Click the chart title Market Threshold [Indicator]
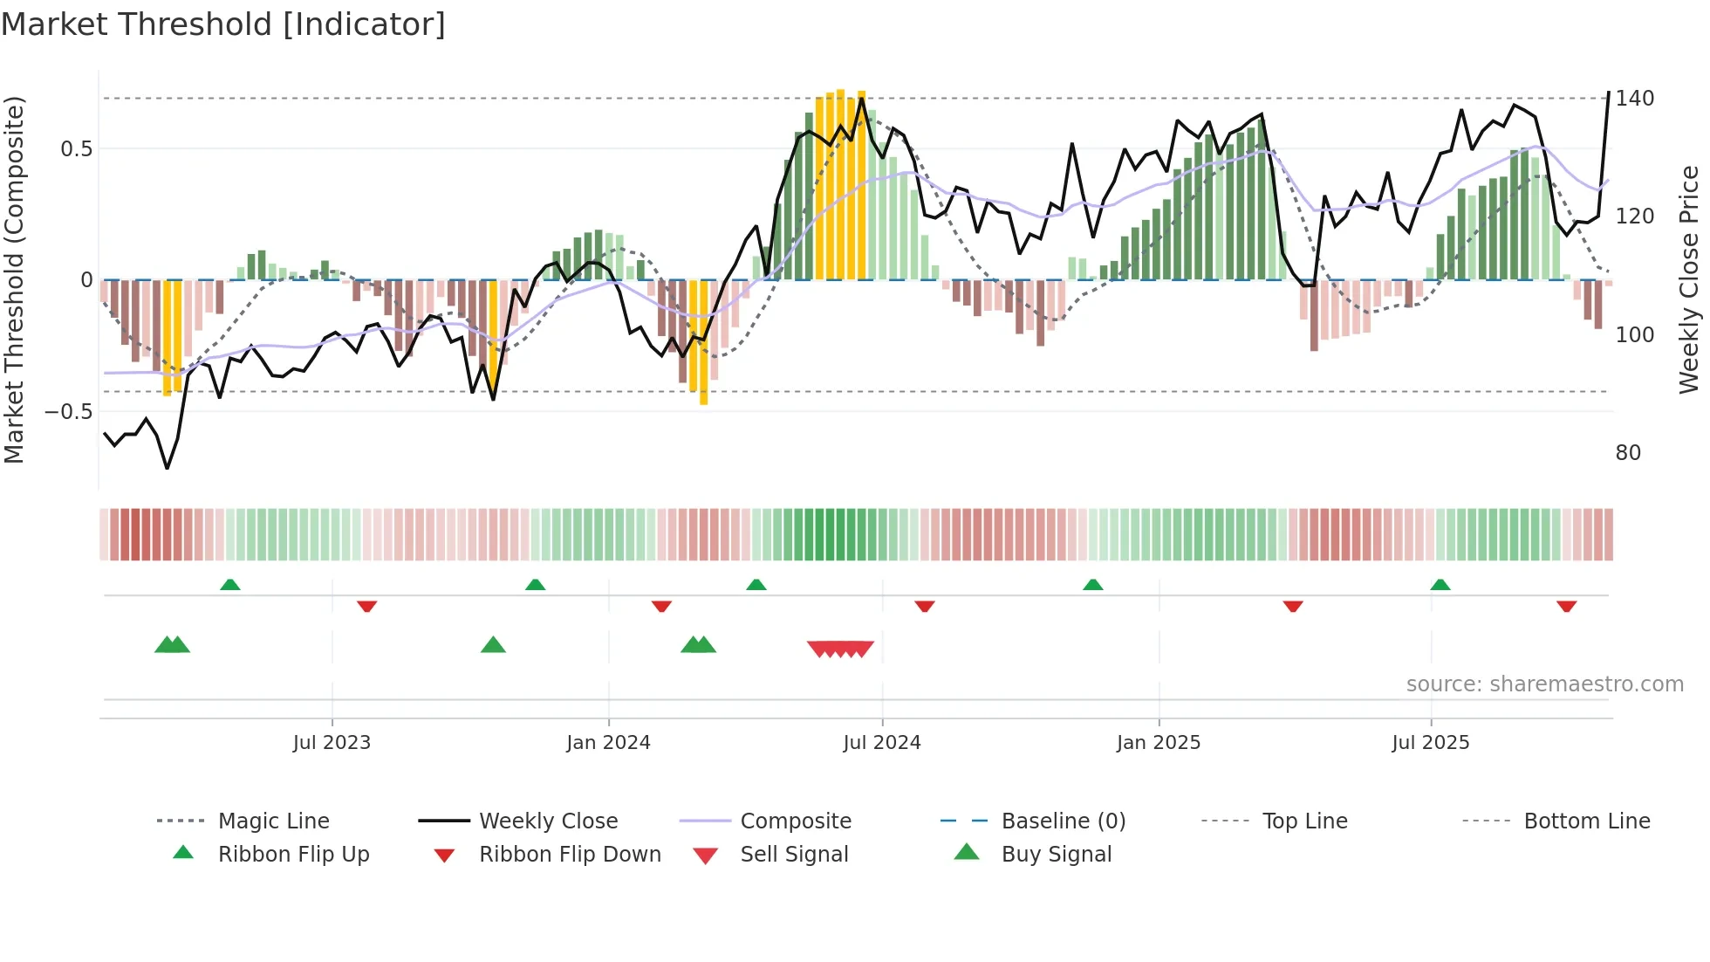(223, 24)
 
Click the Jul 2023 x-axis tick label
(332, 743)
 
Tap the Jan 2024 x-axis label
(608, 743)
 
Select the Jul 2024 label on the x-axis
(882, 743)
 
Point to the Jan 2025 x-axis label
(1159, 743)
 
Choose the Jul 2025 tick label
(1431, 743)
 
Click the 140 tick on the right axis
(1634, 99)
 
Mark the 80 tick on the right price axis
(1628, 453)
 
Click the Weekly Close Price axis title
(1689, 279)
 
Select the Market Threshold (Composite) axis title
(14, 279)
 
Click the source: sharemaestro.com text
(1544, 684)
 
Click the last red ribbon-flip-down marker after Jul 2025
(1566, 606)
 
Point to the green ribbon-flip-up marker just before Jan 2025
(1092, 585)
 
